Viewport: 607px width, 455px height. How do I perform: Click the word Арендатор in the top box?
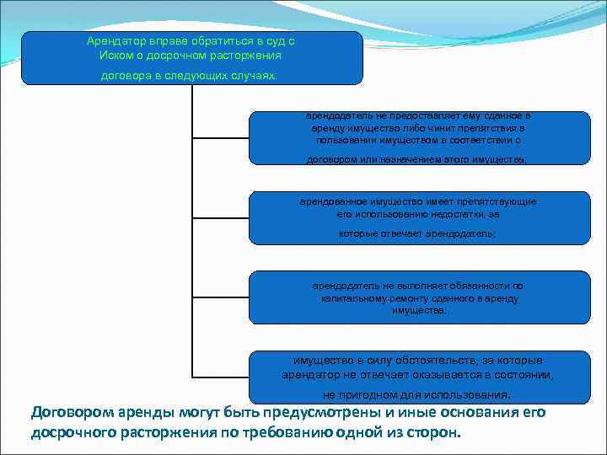(x=115, y=41)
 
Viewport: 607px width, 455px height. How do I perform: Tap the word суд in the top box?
(x=273, y=41)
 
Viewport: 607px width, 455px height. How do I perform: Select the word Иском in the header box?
(x=115, y=55)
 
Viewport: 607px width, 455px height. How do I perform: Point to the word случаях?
(x=255, y=74)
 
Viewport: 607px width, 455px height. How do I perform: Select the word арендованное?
(x=335, y=202)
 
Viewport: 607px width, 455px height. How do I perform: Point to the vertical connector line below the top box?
(x=193, y=227)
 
